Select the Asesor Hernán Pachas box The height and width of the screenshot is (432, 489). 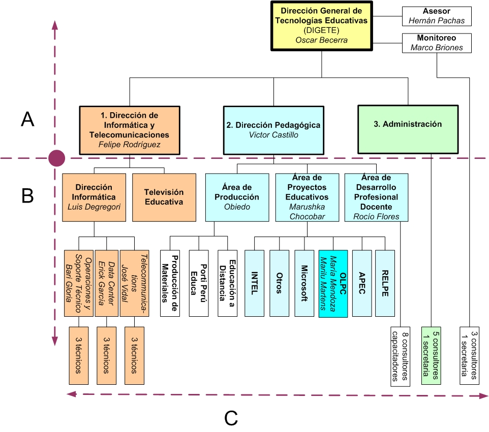437,16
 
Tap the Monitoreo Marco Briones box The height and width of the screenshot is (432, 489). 437,43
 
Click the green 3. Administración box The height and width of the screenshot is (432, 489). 408,124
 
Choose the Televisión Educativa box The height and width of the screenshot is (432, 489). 164,197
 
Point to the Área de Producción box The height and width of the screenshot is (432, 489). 237,197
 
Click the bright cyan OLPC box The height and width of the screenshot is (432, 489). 333,283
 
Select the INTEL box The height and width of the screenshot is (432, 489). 254,283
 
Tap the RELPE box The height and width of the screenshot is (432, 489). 385,283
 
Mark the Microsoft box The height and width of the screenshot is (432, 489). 304,283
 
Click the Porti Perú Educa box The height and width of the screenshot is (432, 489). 199,283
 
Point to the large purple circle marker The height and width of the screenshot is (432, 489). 56,158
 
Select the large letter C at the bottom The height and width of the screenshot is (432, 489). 231,417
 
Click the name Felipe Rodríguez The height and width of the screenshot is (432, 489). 130,145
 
